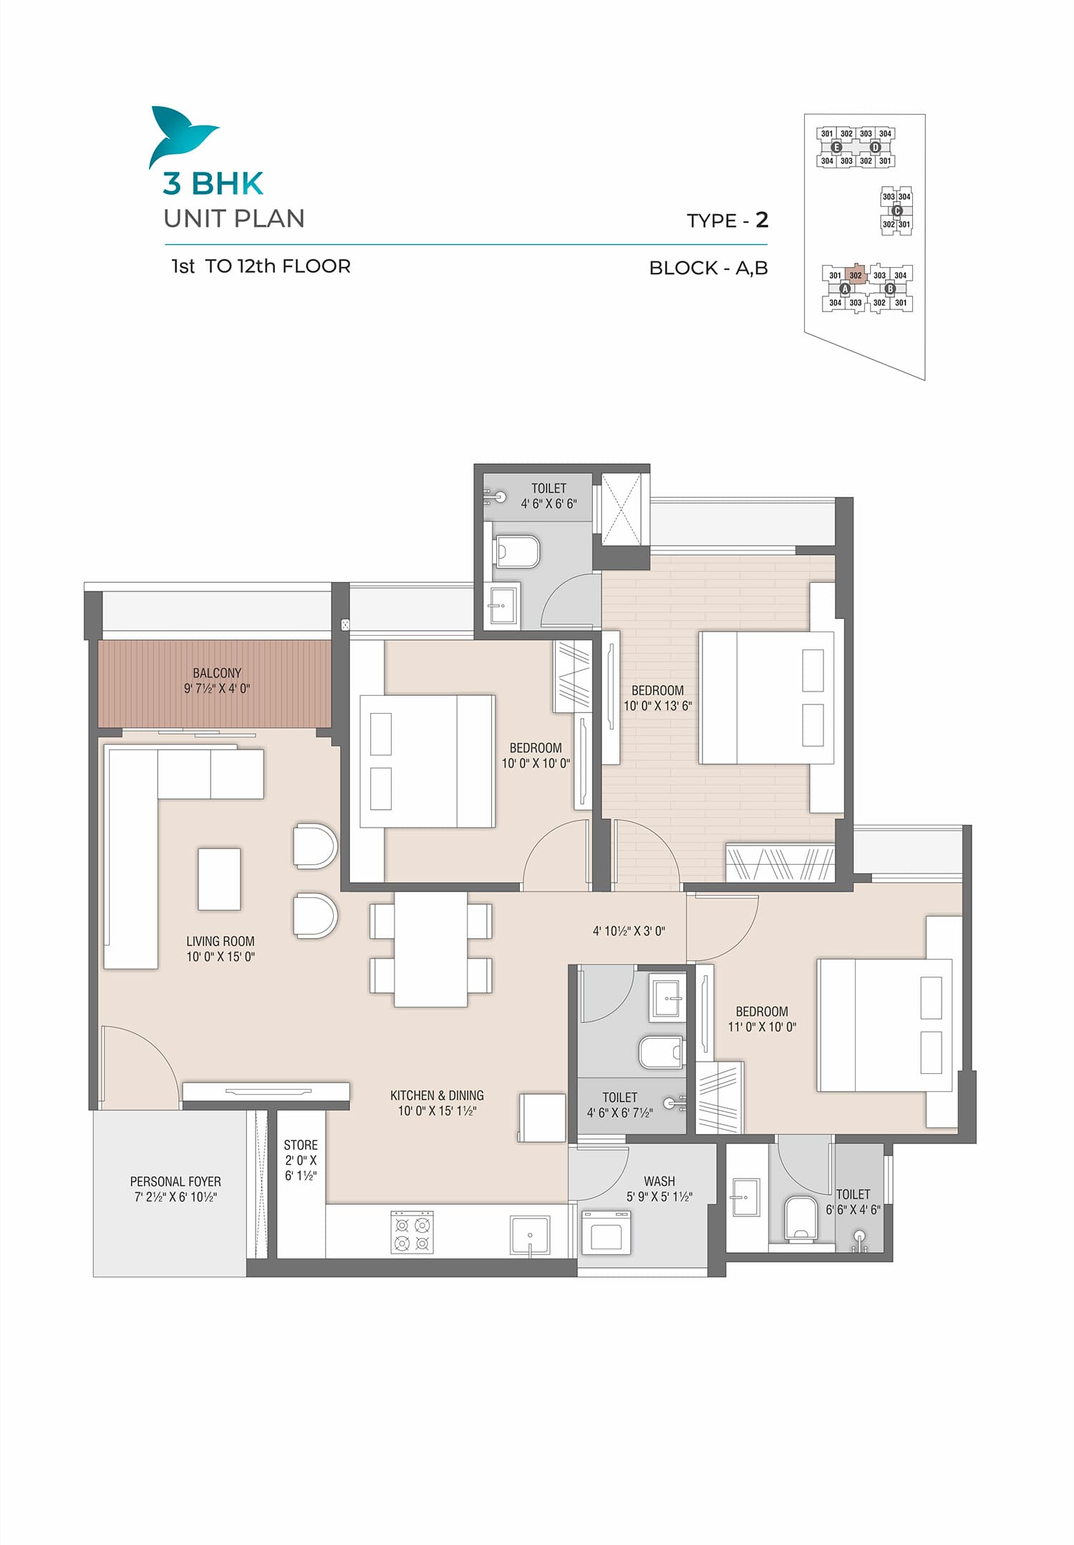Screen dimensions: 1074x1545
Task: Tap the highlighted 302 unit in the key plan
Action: pos(856,275)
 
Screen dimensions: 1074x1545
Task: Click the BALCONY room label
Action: pos(217,673)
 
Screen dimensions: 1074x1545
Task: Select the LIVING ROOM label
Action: pos(221,941)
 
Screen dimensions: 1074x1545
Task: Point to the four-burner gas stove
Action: pos(412,1232)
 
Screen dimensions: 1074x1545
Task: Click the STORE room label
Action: pos(301,1146)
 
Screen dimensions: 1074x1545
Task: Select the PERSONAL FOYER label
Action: pos(175,1181)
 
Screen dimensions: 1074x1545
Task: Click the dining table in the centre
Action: pos(430,949)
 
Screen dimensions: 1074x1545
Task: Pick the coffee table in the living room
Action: pos(219,879)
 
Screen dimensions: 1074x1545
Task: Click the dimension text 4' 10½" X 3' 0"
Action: pos(629,931)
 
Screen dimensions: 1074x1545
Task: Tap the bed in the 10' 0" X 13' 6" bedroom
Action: pos(767,697)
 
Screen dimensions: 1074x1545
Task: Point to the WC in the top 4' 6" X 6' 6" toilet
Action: pos(517,551)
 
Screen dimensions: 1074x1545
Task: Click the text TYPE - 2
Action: pos(727,220)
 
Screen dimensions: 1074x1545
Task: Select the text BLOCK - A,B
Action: pos(708,268)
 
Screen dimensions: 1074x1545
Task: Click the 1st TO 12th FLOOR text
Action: pos(261,266)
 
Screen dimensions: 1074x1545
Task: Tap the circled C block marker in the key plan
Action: pos(896,210)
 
